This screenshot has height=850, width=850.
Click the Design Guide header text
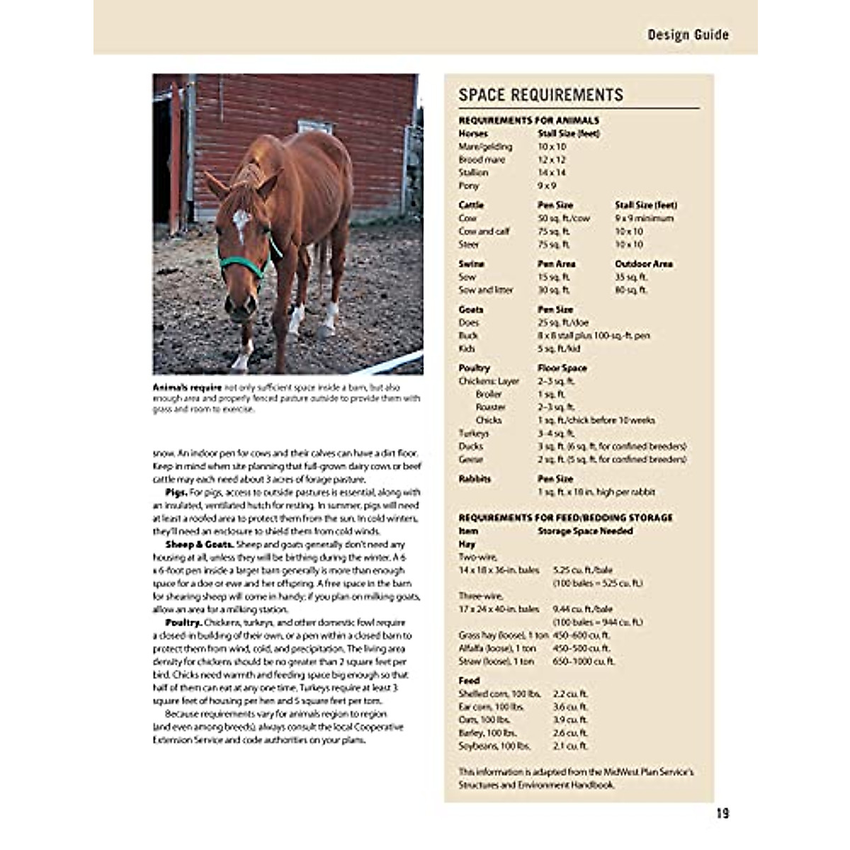pyautogui.click(x=688, y=35)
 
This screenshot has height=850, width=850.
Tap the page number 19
pyautogui.click(x=722, y=814)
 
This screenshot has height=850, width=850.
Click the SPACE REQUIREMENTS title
pyautogui.click(x=541, y=95)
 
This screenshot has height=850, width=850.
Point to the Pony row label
pyautogui.click(x=469, y=186)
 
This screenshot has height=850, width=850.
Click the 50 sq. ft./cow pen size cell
pyautogui.click(x=564, y=218)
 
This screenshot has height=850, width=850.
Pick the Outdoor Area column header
pyautogui.click(x=644, y=263)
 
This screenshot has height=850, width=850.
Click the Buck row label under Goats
pyautogui.click(x=468, y=336)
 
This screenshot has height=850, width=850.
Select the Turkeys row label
pyautogui.click(x=473, y=433)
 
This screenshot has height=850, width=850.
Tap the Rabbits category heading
pyautogui.click(x=475, y=479)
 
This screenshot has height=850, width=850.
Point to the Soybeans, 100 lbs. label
pyautogui.click(x=494, y=746)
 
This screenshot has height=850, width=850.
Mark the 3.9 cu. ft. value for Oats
pyautogui.click(x=570, y=720)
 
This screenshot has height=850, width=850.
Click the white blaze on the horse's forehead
pyautogui.click(x=241, y=220)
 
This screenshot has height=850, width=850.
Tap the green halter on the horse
pyautogui.click(x=244, y=265)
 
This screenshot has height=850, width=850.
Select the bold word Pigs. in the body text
pyautogui.click(x=176, y=492)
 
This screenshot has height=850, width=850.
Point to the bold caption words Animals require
pyautogui.click(x=187, y=388)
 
